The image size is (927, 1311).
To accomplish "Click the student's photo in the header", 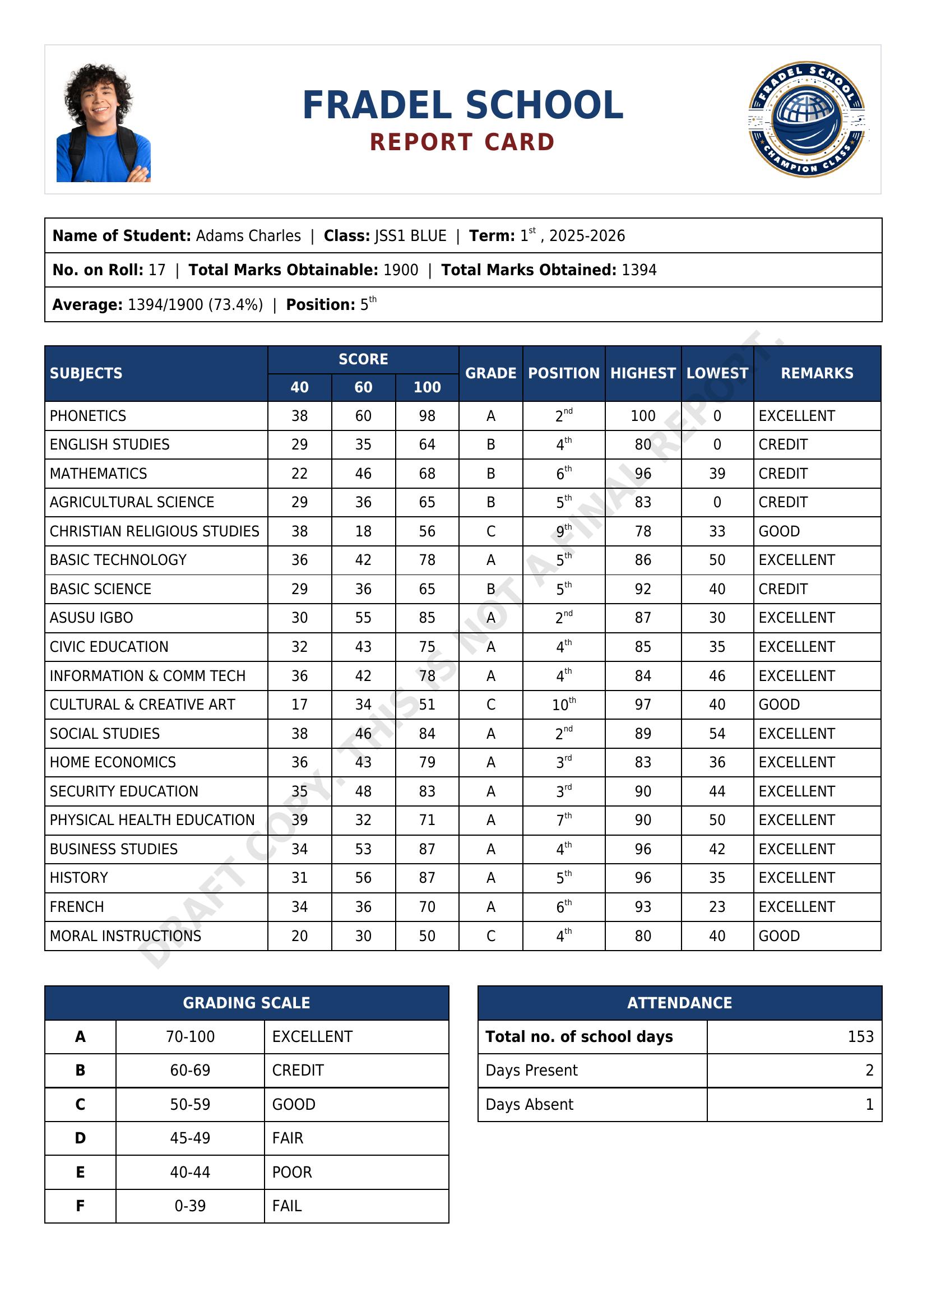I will (x=103, y=123).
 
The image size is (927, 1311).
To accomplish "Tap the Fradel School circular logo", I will (x=807, y=119).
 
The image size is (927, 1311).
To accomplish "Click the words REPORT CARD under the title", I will (x=462, y=142).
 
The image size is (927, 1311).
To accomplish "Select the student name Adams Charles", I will (x=248, y=236).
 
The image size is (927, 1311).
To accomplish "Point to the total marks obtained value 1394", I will (x=639, y=270).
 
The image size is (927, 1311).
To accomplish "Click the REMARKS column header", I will (x=817, y=373).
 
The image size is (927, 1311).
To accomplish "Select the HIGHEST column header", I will (x=643, y=373).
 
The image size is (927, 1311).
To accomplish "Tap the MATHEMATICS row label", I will (x=98, y=474).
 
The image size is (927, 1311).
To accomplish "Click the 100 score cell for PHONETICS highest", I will (x=643, y=416).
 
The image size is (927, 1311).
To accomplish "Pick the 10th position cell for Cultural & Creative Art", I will (x=563, y=705).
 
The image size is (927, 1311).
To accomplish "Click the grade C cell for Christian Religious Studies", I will (x=490, y=531).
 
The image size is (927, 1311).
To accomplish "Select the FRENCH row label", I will (x=77, y=907).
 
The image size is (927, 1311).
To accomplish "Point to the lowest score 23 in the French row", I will (x=717, y=907).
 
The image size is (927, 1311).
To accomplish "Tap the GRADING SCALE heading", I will (x=247, y=1003).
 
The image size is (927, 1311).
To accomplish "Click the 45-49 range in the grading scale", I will (x=190, y=1138).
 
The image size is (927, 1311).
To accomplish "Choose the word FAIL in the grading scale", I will (x=287, y=1206).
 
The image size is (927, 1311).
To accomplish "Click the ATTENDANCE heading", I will (x=679, y=1003).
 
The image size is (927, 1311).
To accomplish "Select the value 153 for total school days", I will (x=860, y=1036).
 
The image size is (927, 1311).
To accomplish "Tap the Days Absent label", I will (x=529, y=1104).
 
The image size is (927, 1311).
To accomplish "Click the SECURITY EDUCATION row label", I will (x=124, y=791).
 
